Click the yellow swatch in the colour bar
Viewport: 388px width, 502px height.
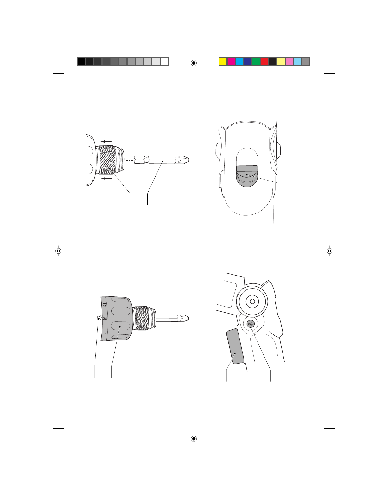click(x=223, y=62)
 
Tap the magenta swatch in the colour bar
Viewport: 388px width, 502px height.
click(x=231, y=62)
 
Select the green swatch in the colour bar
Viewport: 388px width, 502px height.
click(x=256, y=62)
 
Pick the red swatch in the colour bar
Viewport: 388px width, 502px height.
click(x=264, y=62)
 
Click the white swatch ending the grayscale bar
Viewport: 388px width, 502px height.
click(x=164, y=62)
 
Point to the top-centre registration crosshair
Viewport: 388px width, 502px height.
click(x=194, y=63)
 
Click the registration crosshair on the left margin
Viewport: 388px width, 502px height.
click(x=58, y=251)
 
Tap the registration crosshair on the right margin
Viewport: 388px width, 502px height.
click(x=330, y=251)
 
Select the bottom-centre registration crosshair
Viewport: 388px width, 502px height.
click(x=194, y=438)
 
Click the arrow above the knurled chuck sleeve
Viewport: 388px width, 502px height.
click(x=106, y=141)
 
